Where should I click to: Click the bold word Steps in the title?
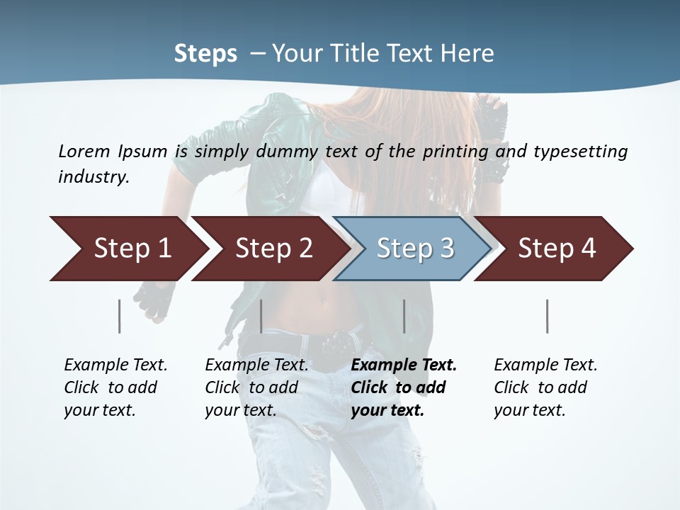tap(205, 54)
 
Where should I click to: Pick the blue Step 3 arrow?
tap(414, 249)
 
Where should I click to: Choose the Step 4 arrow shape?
tap(557, 249)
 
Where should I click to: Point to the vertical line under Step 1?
tap(119, 316)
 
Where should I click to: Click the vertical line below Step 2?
tap(261, 316)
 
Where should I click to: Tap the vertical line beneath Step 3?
tap(404, 316)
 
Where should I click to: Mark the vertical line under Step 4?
tap(547, 316)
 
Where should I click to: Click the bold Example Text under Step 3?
tap(404, 365)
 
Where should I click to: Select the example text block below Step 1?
tap(115, 387)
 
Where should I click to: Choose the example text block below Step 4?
tap(545, 387)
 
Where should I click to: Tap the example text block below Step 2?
tap(256, 387)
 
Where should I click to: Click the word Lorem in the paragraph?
tap(84, 152)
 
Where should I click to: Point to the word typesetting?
tap(580, 152)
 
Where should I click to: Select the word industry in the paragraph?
tap(93, 177)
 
